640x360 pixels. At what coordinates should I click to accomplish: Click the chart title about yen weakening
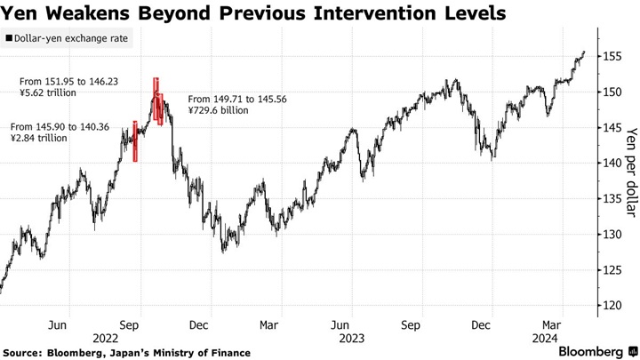click(x=254, y=14)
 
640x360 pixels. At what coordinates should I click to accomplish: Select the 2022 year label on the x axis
click(x=106, y=338)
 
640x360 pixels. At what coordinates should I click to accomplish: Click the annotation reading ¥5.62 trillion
click(x=53, y=92)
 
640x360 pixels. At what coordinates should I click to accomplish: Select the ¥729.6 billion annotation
click(x=220, y=110)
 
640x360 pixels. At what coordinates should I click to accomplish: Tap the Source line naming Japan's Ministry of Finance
click(x=127, y=353)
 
